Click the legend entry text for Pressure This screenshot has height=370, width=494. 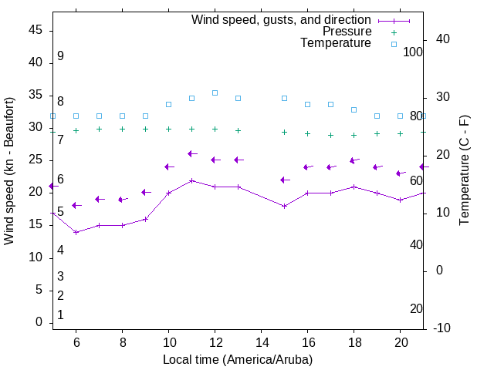pyautogui.click(x=347, y=32)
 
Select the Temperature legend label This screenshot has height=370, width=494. pyautogui.click(x=336, y=43)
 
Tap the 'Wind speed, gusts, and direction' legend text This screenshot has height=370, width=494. pyautogui.click(x=281, y=20)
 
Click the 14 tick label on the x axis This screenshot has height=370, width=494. pyautogui.click(x=262, y=342)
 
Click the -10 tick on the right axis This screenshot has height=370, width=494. pyautogui.click(x=444, y=328)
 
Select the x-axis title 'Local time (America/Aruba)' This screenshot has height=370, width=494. pyautogui.click(x=238, y=359)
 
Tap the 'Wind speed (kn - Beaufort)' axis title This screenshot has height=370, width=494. pyautogui.click(x=9, y=171)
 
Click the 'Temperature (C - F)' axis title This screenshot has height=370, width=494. pyautogui.click(x=464, y=171)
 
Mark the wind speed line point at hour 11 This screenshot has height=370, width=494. pyautogui.click(x=191, y=180)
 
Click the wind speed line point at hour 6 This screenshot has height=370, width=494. pyautogui.click(x=76, y=232)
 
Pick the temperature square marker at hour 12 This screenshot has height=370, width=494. pyautogui.click(x=215, y=92)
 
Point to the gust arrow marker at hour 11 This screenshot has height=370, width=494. pyautogui.click(x=191, y=154)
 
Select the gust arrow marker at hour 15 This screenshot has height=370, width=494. pyautogui.click(x=283, y=180)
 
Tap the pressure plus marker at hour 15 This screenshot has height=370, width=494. pyautogui.click(x=284, y=132)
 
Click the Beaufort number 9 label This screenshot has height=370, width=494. pyautogui.click(x=60, y=56)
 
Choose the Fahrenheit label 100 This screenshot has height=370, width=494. pyautogui.click(x=413, y=52)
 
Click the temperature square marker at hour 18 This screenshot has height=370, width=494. pyautogui.click(x=354, y=109)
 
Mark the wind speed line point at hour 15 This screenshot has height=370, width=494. pyautogui.click(x=284, y=206)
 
